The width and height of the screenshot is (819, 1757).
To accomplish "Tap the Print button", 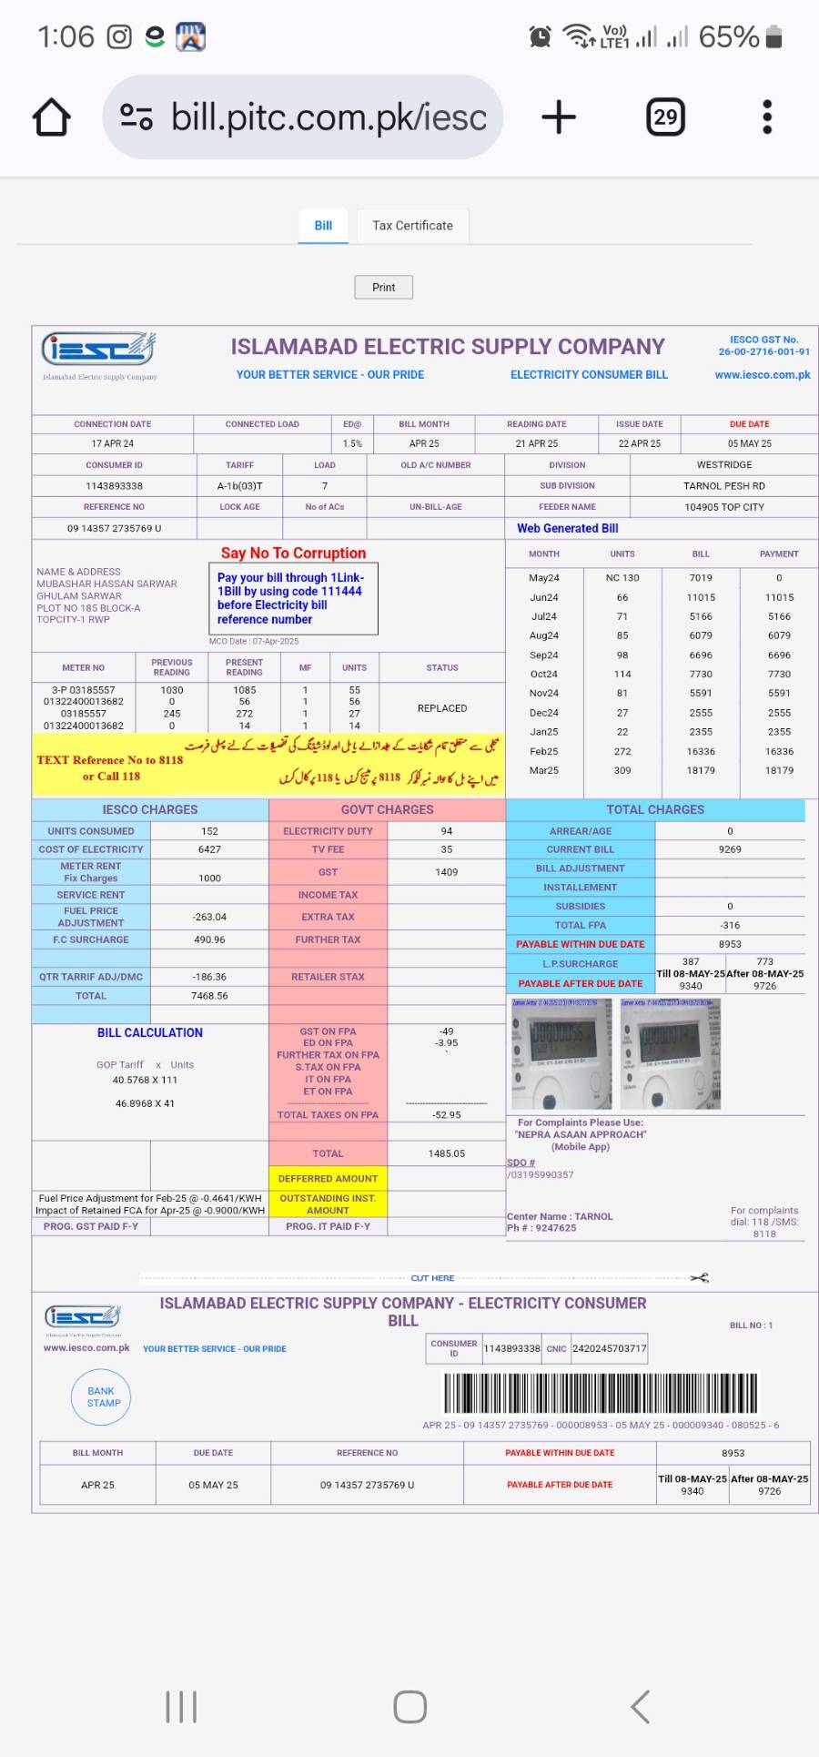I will [x=383, y=288].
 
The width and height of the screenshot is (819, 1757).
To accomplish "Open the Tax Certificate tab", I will [x=412, y=226].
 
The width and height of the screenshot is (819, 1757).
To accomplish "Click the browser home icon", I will [x=52, y=117].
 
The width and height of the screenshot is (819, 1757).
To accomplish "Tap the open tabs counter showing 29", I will [x=665, y=117].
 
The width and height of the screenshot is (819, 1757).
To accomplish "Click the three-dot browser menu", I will [x=767, y=117].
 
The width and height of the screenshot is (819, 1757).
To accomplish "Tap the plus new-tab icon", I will [x=559, y=117].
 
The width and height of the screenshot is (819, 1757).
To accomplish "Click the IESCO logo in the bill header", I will [x=98, y=350].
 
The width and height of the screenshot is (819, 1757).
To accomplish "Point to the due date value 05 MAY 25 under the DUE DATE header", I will [x=749, y=444].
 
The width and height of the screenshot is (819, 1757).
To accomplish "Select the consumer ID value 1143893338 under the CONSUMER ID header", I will [x=114, y=486].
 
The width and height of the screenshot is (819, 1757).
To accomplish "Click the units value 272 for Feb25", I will [x=622, y=752].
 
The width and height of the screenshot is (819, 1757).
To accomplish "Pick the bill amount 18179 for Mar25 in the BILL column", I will [x=701, y=771].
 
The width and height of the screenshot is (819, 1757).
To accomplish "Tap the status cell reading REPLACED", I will [x=442, y=708].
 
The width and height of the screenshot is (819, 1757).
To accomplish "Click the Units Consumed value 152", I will [x=209, y=831].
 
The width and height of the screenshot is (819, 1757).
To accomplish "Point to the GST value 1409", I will [x=446, y=872].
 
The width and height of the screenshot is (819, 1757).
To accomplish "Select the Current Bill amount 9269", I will [x=730, y=849].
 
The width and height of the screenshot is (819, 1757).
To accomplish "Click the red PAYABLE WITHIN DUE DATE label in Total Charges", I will [x=580, y=945].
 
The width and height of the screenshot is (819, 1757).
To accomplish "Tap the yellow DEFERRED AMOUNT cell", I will [x=328, y=1179].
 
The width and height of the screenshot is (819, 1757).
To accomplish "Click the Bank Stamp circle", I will [x=102, y=1397].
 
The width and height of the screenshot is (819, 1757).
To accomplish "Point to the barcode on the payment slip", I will [x=601, y=1393].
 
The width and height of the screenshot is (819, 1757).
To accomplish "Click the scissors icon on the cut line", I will [x=699, y=1278].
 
